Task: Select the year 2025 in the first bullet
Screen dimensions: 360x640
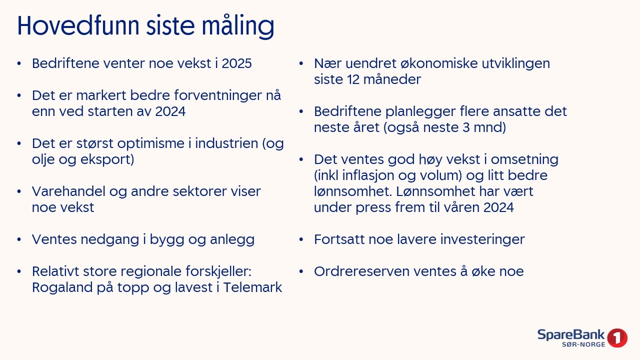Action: click(236, 63)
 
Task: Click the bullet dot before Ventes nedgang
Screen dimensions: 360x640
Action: click(19, 239)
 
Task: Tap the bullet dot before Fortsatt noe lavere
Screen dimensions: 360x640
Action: click(301, 239)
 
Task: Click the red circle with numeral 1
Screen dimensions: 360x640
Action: click(617, 337)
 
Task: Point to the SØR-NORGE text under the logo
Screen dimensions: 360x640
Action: click(583, 344)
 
